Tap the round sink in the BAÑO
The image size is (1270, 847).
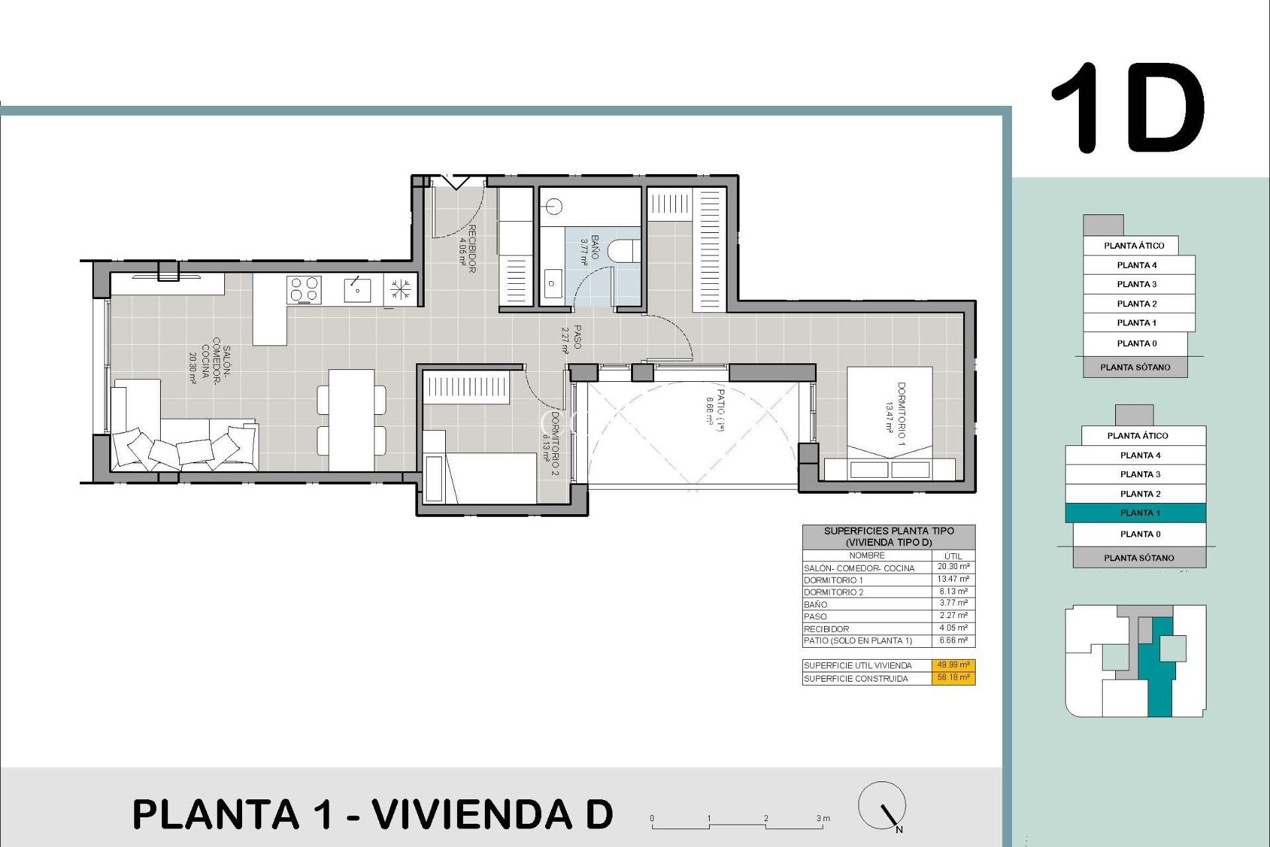tap(554, 207)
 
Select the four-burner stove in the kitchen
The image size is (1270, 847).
tap(304, 290)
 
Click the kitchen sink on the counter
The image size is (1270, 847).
tap(357, 290)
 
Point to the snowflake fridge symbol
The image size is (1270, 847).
tap(400, 289)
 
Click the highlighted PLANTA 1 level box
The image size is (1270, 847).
tap(1136, 513)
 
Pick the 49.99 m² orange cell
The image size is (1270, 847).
tap(953, 665)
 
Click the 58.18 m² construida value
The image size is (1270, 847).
tap(953, 678)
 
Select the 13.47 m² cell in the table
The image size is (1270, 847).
tap(953, 579)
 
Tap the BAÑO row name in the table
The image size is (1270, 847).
tap(816, 604)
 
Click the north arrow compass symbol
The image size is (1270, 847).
tap(882, 805)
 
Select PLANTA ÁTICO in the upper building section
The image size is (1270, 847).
tap(1133, 245)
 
